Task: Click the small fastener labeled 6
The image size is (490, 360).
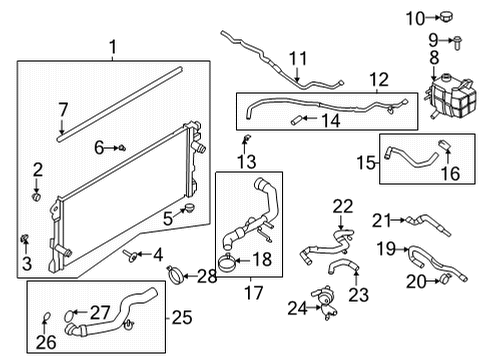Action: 122,149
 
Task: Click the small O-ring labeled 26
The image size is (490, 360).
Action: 46,319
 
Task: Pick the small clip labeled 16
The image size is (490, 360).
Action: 446,150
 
